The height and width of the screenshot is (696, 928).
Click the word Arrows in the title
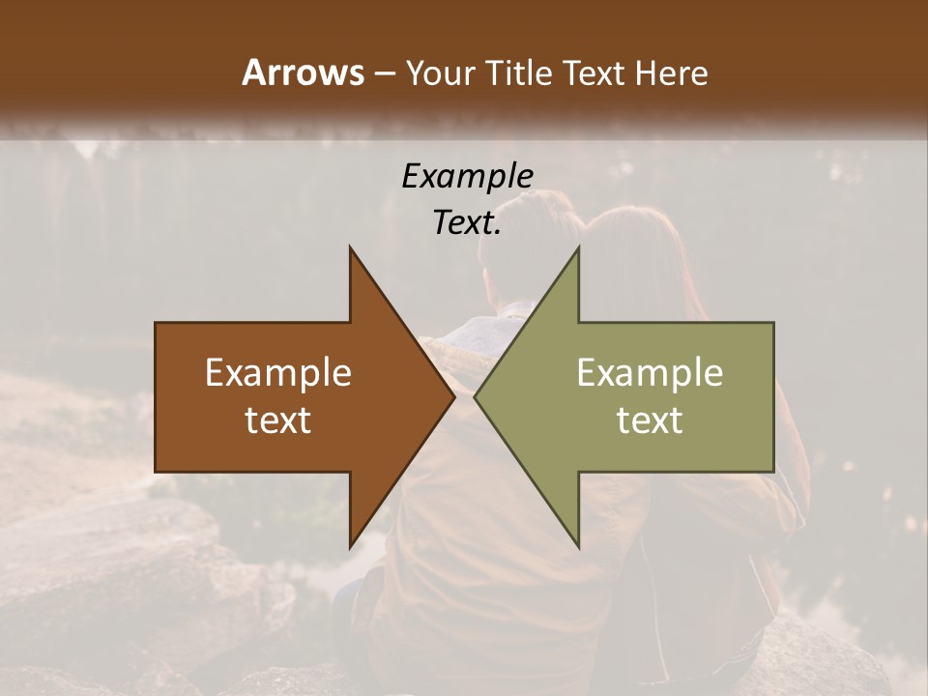point(303,72)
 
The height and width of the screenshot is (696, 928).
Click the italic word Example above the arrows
point(467,176)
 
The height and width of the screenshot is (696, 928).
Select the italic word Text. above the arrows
point(467,223)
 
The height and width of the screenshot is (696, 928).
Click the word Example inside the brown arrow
point(278,373)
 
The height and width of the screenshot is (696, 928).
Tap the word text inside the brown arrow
point(278,420)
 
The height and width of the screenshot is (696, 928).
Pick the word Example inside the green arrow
point(650,373)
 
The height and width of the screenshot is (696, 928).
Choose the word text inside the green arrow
point(650,420)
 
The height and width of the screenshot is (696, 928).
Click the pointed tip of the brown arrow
point(453,396)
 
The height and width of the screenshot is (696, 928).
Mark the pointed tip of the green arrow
point(476,396)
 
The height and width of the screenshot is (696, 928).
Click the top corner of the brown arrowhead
point(351,248)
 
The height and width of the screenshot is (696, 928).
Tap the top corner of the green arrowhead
point(578,248)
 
